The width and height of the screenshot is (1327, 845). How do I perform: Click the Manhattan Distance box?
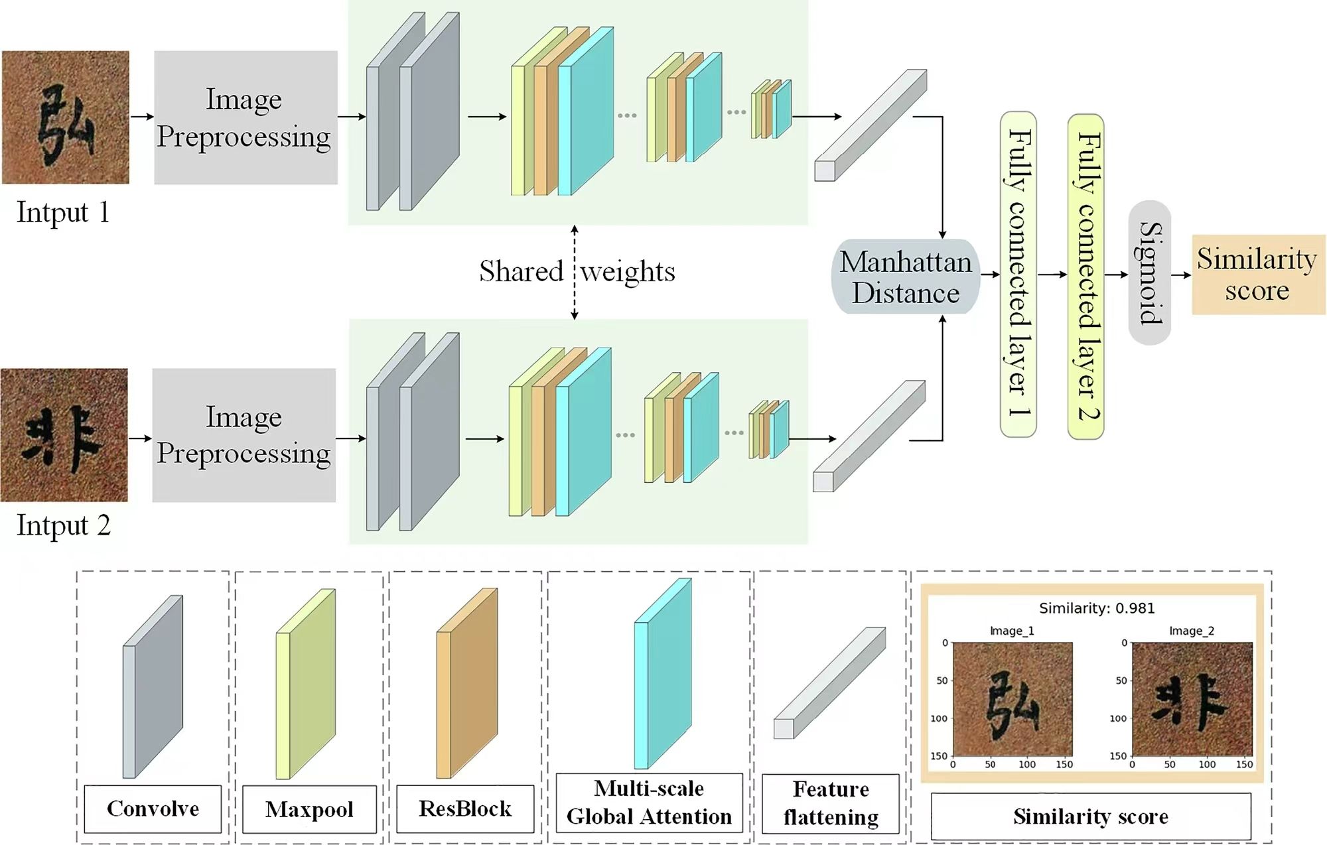click(x=906, y=277)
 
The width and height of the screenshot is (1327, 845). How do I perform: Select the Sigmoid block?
click(x=1149, y=273)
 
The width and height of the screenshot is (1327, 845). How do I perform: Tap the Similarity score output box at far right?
click(x=1258, y=274)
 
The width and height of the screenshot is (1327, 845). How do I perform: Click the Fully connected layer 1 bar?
click(x=1018, y=274)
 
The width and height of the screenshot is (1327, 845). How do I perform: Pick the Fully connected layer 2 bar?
click(x=1086, y=276)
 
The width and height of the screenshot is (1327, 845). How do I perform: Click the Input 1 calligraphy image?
click(x=66, y=117)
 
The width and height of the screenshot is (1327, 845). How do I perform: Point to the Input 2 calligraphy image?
click(x=64, y=435)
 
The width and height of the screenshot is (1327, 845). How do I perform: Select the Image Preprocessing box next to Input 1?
click(x=245, y=117)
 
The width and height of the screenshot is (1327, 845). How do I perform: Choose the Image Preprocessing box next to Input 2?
click(x=244, y=435)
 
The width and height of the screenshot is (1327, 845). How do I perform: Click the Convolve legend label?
click(x=153, y=809)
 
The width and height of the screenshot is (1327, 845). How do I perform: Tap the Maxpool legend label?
click(x=309, y=809)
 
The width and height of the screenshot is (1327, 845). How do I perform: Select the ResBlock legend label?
click(x=465, y=809)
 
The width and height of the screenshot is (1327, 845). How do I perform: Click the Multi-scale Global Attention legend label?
click(x=649, y=803)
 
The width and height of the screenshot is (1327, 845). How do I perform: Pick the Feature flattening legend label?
click(x=831, y=803)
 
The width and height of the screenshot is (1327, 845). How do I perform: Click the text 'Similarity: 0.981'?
click(x=1096, y=608)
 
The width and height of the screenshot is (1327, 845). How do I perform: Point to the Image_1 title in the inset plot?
click(x=1012, y=631)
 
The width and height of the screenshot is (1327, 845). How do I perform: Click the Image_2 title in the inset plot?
click(x=1191, y=631)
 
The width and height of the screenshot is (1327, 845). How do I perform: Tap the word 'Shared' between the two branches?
click(x=521, y=271)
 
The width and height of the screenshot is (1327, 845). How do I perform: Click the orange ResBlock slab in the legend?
click(x=467, y=683)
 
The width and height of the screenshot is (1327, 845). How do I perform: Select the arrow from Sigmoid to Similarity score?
click(x=1181, y=275)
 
